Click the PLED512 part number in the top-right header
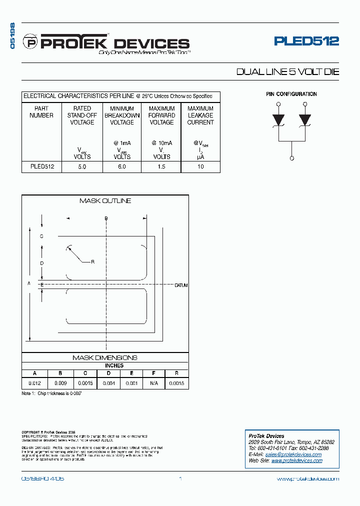pyautogui.click(x=306, y=41)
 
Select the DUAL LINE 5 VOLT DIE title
pyautogui.click(x=287, y=72)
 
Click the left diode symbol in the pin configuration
pyautogui.click(x=278, y=120)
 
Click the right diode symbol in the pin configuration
pyautogui.click(x=305, y=120)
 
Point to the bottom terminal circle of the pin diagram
pyautogui.click(x=291, y=158)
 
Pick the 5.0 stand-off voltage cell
pyautogui.click(x=82, y=167)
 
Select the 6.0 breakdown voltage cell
pyautogui.click(x=121, y=167)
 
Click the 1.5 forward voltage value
pyautogui.click(x=161, y=167)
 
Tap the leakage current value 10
pyautogui.click(x=200, y=167)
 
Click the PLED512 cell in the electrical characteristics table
pyautogui.click(x=41, y=167)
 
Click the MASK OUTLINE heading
pyautogui.click(x=105, y=200)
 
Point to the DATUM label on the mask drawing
pyautogui.click(x=181, y=285)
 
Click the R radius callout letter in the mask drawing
pyautogui.click(x=93, y=261)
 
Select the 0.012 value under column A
pyautogui.click(x=34, y=383)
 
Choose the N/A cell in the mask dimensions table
pyautogui.click(x=153, y=383)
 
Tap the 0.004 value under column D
pyautogui.click(x=108, y=383)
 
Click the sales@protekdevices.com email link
pyautogui.click(x=294, y=454)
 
